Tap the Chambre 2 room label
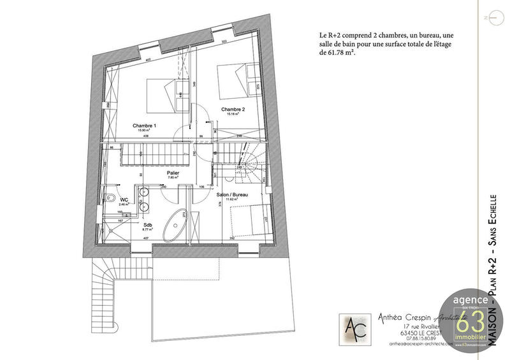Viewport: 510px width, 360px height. coord(233,110)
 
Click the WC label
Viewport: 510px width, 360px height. coord(124,199)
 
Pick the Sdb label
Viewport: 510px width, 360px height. coord(147,224)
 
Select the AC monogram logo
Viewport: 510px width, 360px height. coord(351,329)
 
